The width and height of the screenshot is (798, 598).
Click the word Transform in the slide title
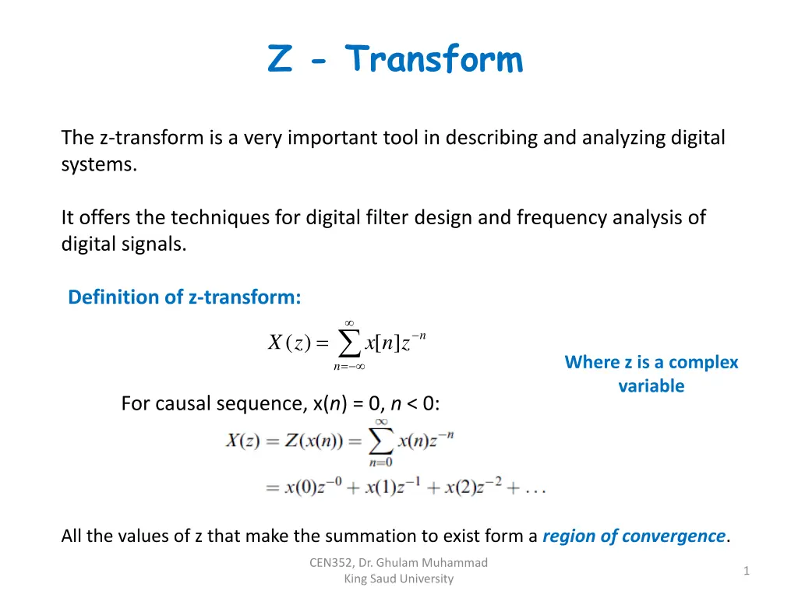(x=435, y=59)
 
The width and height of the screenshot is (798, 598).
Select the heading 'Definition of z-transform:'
(x=185, y=297)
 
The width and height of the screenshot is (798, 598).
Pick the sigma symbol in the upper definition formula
(x=349, y=343)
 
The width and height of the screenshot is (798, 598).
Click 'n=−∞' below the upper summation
(x=349, y=366)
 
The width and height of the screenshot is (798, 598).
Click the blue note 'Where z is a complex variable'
(x=651, y=374)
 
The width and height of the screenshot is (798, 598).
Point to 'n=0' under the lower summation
(x=381, y=462)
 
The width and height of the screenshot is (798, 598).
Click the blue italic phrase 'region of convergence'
(x=633, y=536)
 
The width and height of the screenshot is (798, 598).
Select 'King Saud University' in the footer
(x=398, y=579)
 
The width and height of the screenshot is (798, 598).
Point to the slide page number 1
(x=746, y=571)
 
